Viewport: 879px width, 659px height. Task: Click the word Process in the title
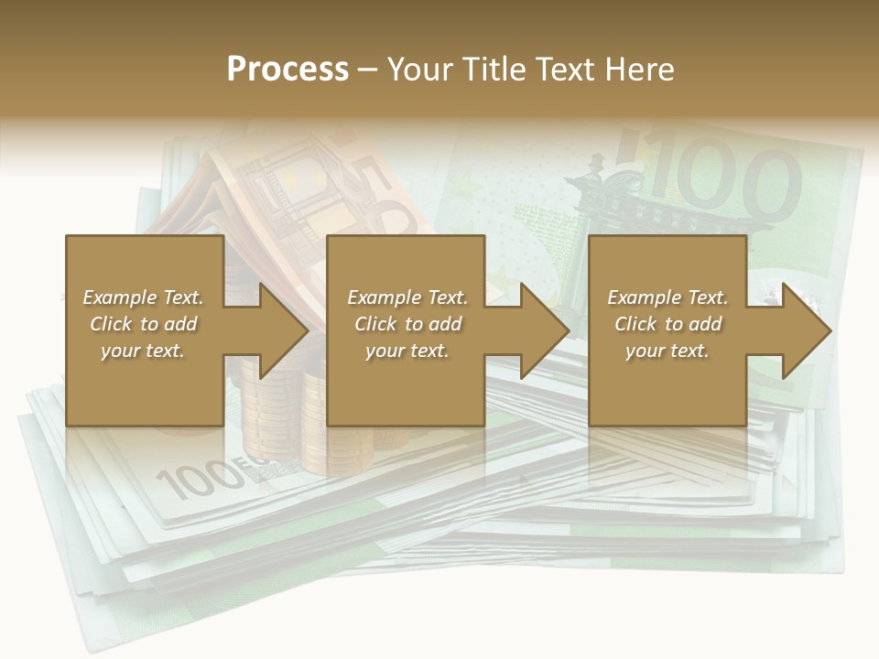point(288,70)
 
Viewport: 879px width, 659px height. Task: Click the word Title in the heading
point(495,70)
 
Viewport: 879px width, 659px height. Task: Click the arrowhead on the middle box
point(539,330)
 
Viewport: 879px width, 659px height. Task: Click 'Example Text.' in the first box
point(143,297)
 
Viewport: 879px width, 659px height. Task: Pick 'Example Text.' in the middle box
point(407,297)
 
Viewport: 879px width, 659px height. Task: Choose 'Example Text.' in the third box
point(667,297)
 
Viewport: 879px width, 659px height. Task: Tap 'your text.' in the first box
point(143,351)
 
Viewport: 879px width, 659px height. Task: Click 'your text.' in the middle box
point(407,351)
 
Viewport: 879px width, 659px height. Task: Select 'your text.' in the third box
point(667,351)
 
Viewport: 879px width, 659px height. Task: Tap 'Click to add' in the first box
point(143,324)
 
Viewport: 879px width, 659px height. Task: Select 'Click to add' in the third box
point(667,324)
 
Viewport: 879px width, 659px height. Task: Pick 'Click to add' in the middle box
point(407,324)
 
